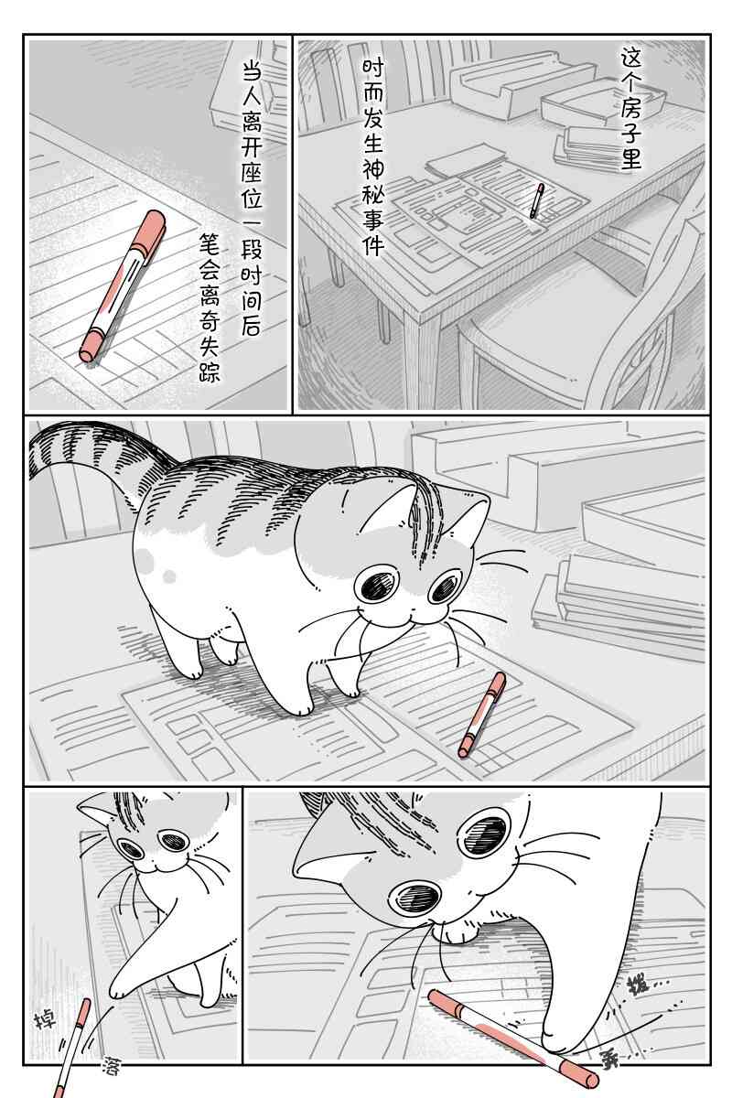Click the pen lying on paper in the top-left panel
[122, 286]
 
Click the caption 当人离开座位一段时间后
[252, 199]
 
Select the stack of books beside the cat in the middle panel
[619, 600]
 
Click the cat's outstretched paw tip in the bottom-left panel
[117, 994]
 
